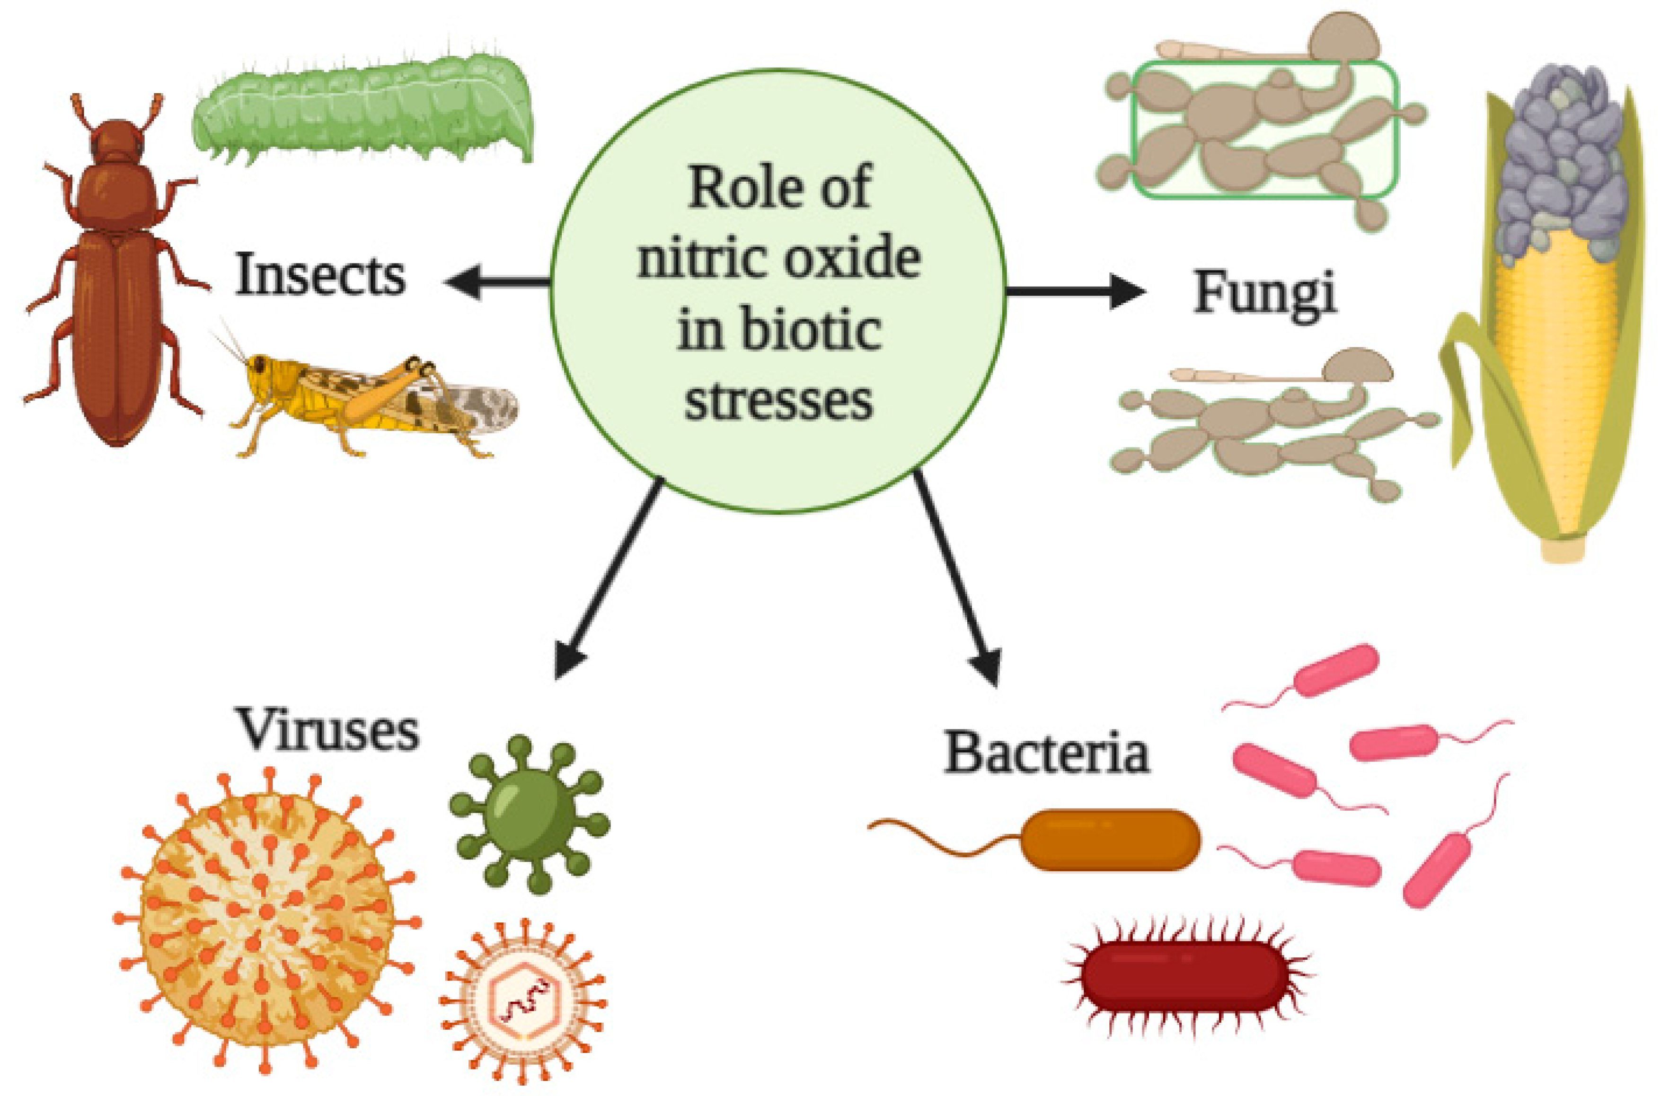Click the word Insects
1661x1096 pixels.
tap(320, 275)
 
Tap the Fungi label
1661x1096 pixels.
tap(1264, 292)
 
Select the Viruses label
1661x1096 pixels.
tap(328, 729)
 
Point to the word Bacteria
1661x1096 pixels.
tap(1046, 752)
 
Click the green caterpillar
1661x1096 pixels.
tap(363, 112)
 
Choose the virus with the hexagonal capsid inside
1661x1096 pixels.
tap(523, 1001)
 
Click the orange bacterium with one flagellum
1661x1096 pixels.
tap(1108, 839)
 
